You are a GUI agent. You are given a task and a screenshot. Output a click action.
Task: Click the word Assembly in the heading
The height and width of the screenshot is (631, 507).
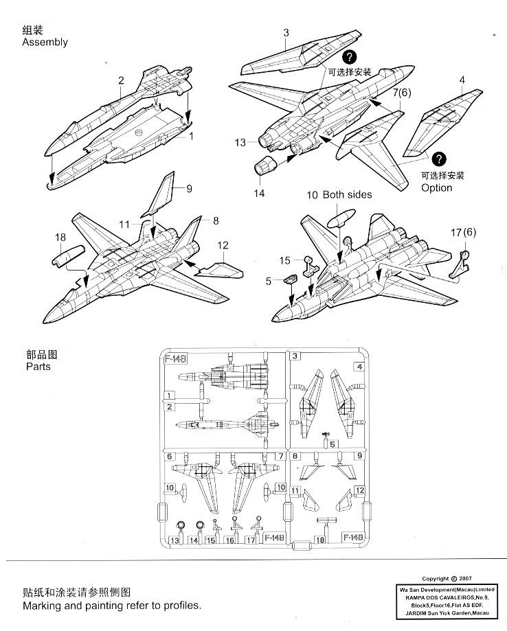pyautogui.click(x=45, y=43)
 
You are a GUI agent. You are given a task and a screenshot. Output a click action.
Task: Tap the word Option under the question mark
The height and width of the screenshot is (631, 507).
pyautogui.click(x=437, y=188)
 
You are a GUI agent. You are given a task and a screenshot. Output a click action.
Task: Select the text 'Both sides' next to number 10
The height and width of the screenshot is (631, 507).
pyautogui.click(x=347, y=194)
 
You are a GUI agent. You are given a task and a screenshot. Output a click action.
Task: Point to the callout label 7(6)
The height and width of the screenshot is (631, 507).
pyautogui.click(x=402, y=93)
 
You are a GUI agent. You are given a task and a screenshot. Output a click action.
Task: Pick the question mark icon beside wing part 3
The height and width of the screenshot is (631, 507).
pyautogui.click(x=350, y=57)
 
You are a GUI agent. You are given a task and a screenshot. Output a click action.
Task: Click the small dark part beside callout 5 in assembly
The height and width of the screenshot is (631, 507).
pyautogui.click(x=289, y=279)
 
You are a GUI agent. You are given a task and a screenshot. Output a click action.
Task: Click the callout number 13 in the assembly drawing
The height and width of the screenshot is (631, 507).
pyautogui.click(x=239, y=143)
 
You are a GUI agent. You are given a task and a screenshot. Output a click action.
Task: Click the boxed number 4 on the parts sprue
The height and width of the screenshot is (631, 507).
pyautogui.click(x=359, y=367)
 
